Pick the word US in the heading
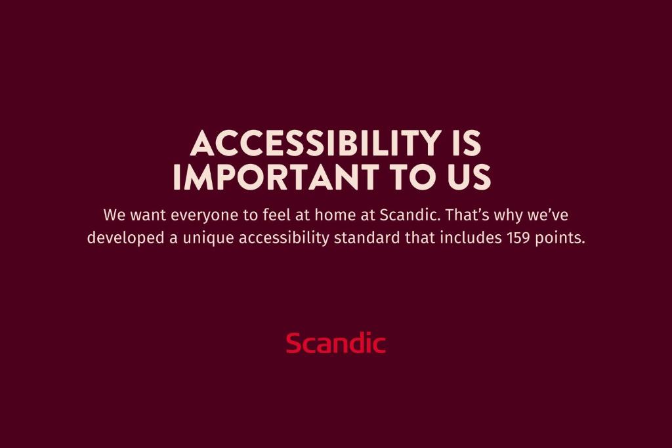point(467,177)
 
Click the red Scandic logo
point(335,343)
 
